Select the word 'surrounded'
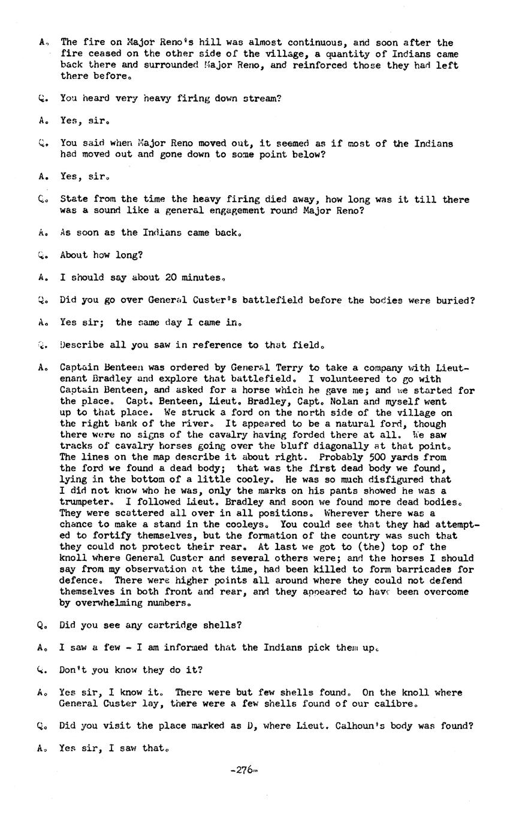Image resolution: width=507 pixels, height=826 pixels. (165, 65)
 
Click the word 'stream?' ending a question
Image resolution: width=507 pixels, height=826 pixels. (261, 98)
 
